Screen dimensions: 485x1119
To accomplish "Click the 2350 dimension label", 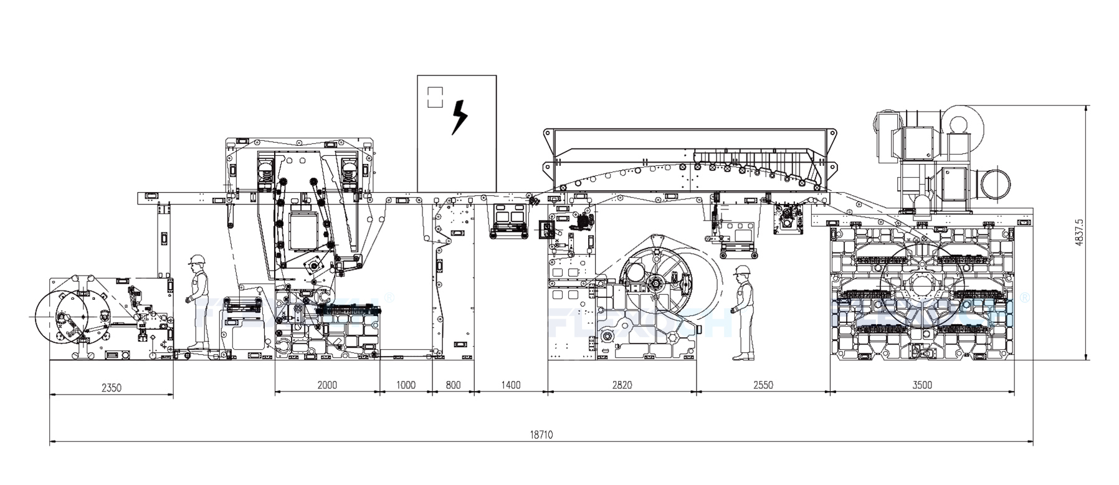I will [x=111, y=388].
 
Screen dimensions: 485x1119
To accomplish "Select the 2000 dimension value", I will [x=327, y=385].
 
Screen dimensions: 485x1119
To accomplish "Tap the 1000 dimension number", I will [x=406, y=385].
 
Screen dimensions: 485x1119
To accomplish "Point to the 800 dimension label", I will [x=453, y=385].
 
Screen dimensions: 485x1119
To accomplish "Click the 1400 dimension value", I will [x=510, y=385].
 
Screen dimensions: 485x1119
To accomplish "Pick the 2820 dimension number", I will [x=621, y=385].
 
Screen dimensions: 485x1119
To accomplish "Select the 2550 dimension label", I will [x=763, y=385].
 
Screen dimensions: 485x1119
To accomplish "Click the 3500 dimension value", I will [x=921, y=385].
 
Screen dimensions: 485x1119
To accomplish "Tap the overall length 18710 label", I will [x=541, y=435].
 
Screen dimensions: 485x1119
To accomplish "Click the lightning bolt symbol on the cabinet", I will [x=459, y=117].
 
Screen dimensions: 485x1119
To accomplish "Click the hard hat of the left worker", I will [x=197, y=259].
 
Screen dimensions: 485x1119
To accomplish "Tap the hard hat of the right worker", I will [x=741, y=270].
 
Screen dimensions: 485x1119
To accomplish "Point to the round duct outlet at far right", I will [x=995, y=185].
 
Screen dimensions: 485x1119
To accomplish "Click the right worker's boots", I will [x=742, y=357].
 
